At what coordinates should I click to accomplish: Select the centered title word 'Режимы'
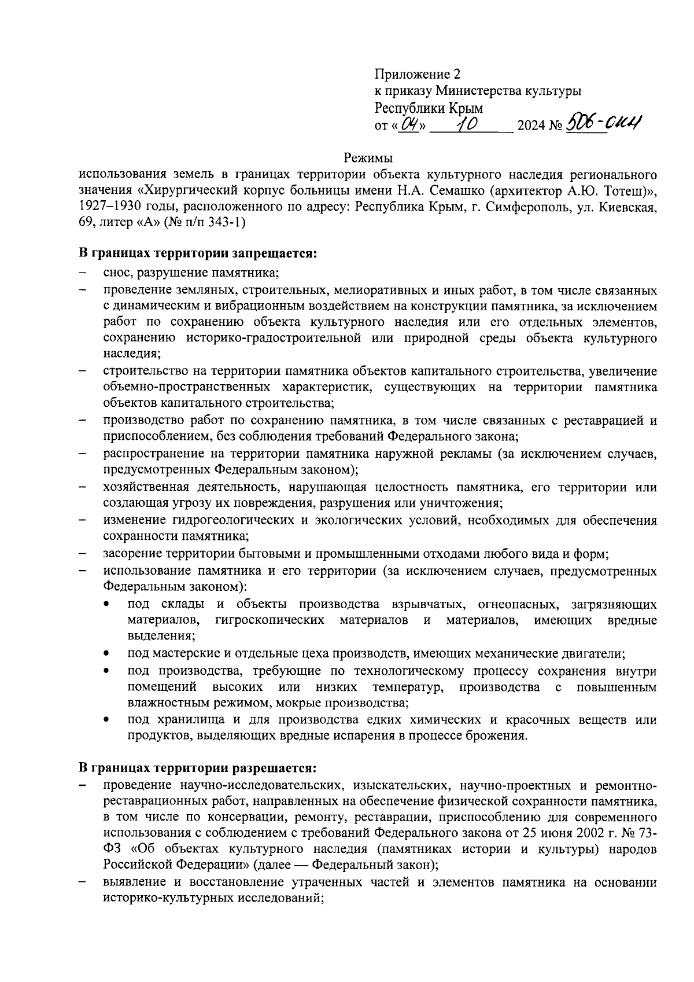coord(368,157)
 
